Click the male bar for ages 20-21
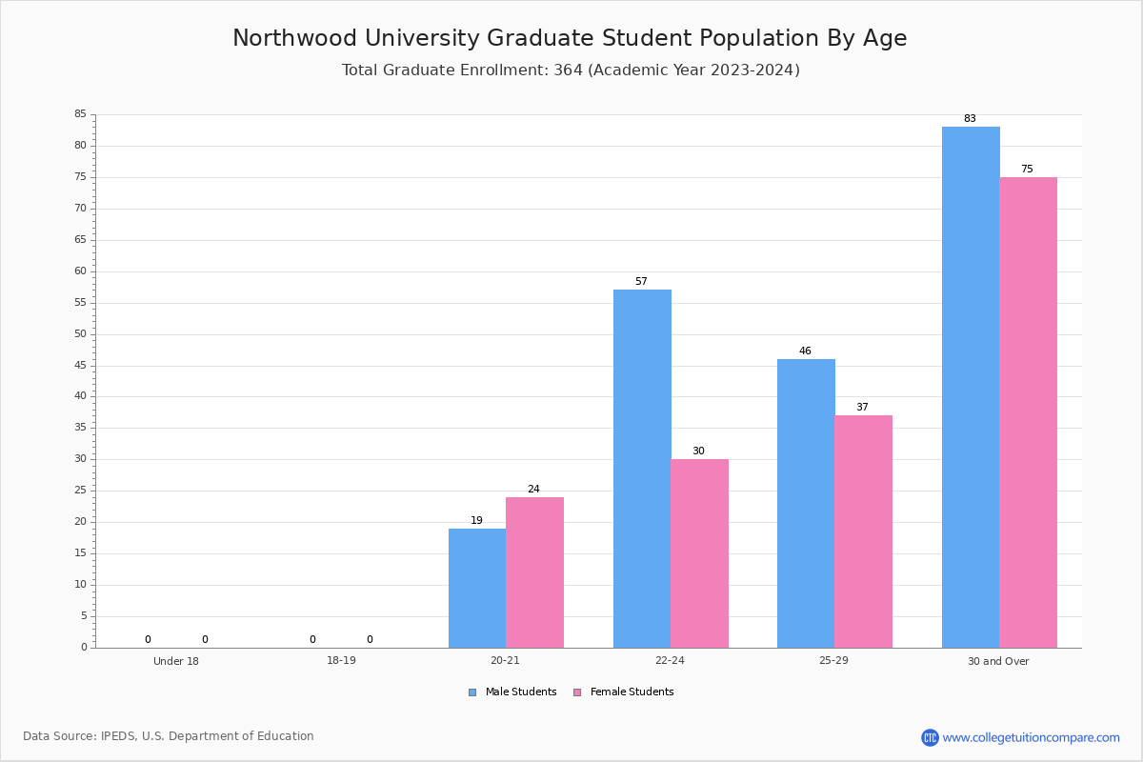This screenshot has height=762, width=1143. tap(477, 588)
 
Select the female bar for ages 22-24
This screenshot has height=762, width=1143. tap(699, 553)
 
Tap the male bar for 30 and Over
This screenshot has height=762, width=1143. tap(971, 387)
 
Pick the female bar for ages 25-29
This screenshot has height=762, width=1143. tap(863, 531)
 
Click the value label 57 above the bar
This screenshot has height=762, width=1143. tap(641, 281)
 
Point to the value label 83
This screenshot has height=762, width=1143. tap(970, 118)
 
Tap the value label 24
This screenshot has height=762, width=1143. tap(533, 489)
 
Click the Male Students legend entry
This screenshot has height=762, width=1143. tap(512, 692)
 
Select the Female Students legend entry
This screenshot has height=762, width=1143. tap(624, 692)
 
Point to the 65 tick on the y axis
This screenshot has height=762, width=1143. tap(81, 239)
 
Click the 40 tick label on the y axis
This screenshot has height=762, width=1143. tap(81, 396)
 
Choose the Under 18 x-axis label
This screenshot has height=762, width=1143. tap(176, 661)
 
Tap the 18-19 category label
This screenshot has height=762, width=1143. tap(341, 660)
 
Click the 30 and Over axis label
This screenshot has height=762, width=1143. tap(998, 661)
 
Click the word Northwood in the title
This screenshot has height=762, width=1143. tap(294, 38)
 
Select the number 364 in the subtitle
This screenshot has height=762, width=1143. tap(568, 70)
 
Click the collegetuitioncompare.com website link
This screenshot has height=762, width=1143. tap(1031, 737)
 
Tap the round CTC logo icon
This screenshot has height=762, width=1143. tap(930, 737)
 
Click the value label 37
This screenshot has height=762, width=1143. tap(862, 408)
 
